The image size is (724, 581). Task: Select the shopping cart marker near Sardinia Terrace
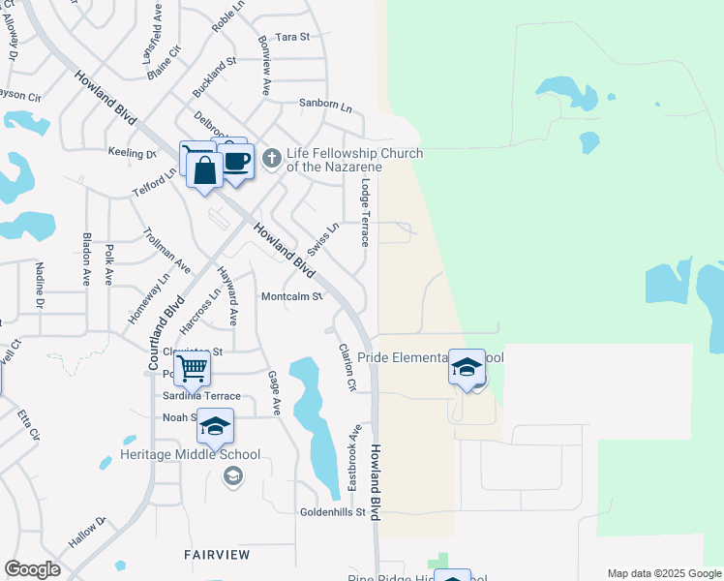click(x=193, y=368)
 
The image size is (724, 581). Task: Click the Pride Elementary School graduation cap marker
click(x=468, y=368)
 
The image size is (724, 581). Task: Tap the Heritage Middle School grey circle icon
click(x=232, y=474)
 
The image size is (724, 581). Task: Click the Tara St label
click(x=291, y=37)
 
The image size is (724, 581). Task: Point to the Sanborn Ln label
click(x=325, y=102)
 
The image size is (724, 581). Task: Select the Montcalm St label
click(x=291, y=296)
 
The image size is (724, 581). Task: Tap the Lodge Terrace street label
click(x=365, y=212)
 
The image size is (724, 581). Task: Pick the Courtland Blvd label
click(x=166, y=332)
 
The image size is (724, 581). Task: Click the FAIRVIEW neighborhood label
click(x=217, y=555)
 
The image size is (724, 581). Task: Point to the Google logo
click(x=32, y=569)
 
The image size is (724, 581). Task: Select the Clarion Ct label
click(x=347, y=367)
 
